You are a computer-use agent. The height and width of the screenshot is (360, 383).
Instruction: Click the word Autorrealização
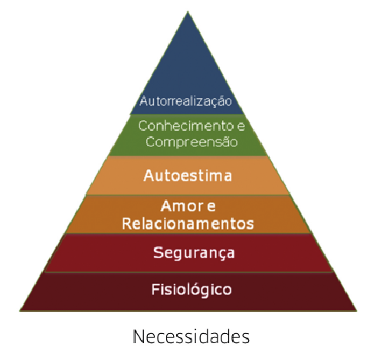pyautogui.click(x=185, y=101)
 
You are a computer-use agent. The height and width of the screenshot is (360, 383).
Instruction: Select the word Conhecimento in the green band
pyautogui.click(x=186, y=126)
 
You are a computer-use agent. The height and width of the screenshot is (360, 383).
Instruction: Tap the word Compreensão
pyautogui.click(x=191, y=142)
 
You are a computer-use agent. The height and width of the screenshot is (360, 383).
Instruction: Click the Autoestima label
pyautogui.click(x=188, y=175)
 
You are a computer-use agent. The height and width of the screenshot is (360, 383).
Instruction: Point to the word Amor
pyautogui.click(x=182, y=206)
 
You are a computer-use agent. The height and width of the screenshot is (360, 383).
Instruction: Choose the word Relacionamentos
pyautogui.click(x=188, y=224)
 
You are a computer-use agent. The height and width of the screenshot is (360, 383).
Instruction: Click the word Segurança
pyautogui.click(x=194, y=254)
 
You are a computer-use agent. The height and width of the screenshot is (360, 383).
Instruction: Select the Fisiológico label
pyautogui.click(x=191, y=290)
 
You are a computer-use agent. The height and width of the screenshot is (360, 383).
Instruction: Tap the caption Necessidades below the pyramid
pyautogui.click(x=191, y=337)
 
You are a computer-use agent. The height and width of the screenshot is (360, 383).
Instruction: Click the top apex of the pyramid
pyautogui.click(x=188, y=11)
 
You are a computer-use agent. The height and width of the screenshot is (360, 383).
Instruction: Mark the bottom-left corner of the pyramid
pyautogui.click(x=20, y=310)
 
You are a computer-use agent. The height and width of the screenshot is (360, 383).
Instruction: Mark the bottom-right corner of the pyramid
pyautogui.click(x=356, y=310)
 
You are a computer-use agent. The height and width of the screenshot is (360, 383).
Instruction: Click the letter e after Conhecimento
pyautogui.click(x=241, y=126)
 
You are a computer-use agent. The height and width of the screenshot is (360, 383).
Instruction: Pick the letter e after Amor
pyautogui.click(x=211, y=207)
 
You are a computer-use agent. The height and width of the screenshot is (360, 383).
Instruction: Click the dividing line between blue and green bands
pyautogui.click(x=187, y=114)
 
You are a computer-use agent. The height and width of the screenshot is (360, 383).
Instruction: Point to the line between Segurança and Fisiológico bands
pyautogui.click(x=188, y=272)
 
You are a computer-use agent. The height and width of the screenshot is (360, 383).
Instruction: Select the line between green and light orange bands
pyautogui.click(x=188, y=156)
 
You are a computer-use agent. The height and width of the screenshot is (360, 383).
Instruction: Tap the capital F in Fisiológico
pyautogui.click(x=155, y=290)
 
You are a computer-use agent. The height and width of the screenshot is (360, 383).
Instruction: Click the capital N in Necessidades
pyautogui.click(x=139, y=337)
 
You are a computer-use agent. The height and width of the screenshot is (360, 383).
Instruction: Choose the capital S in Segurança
pyautogui.click(x=158, y=253)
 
